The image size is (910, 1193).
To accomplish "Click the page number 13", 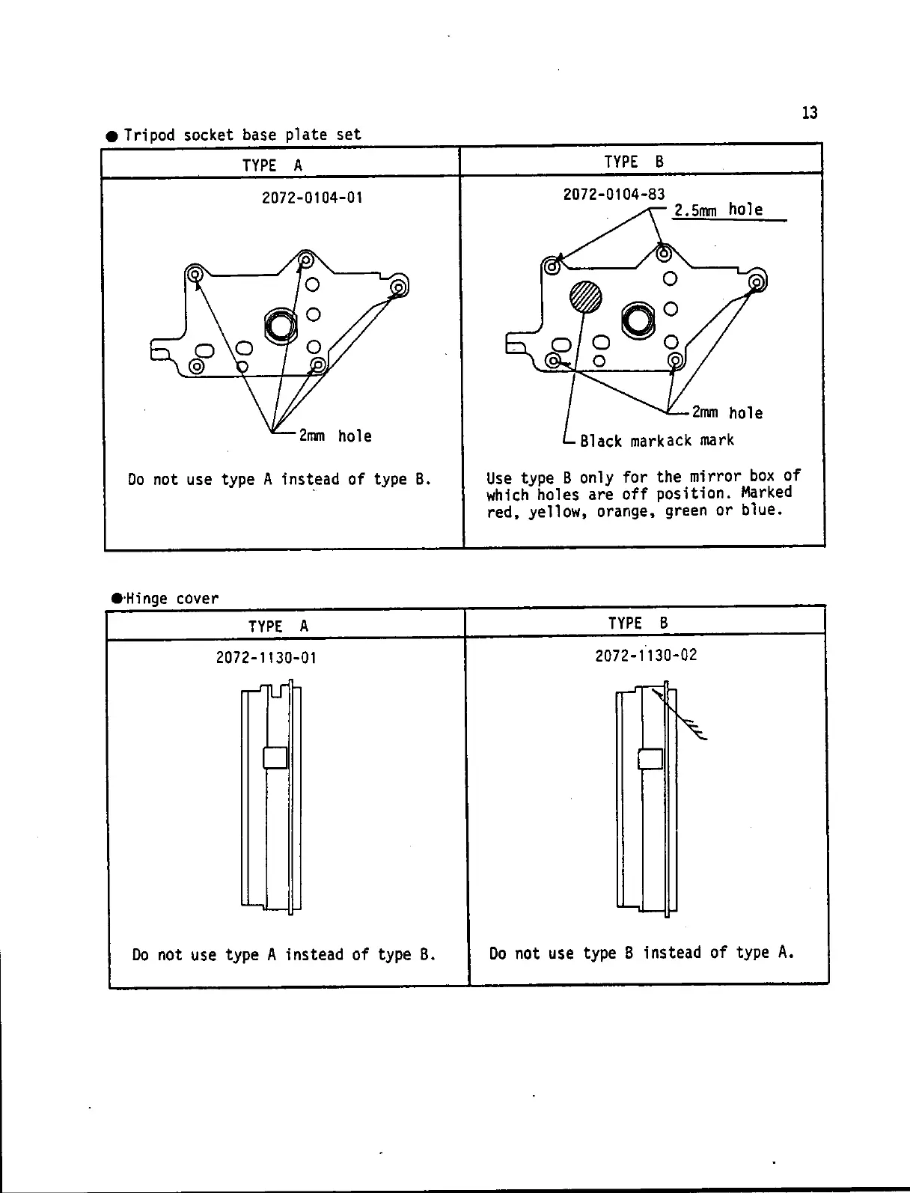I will tap(810, 113).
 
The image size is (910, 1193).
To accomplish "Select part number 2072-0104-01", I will tap(312, 198).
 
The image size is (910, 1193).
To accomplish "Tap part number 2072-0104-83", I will tap(614, 195).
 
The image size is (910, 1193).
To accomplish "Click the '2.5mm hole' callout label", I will tap(718, 210).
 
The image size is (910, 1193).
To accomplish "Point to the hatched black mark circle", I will tap(585, 297).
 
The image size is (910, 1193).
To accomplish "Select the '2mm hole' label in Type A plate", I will tap(335, 436).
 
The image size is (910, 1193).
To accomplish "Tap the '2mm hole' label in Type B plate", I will tap(727, 412).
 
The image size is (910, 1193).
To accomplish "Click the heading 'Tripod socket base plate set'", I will tap(242, 135).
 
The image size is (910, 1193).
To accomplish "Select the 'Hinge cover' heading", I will tap(171, 599).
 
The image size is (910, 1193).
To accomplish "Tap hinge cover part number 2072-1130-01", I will tap(266, 658).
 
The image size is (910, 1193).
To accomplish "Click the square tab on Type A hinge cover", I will tap(275, 757).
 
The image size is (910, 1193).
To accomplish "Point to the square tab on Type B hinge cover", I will tap(650, 758).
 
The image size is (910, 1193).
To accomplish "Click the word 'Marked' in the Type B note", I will tap(766, 493).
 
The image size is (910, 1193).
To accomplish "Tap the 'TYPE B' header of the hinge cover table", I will tap(638, 623).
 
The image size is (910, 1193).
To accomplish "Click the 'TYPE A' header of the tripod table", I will tap(272, 165).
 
